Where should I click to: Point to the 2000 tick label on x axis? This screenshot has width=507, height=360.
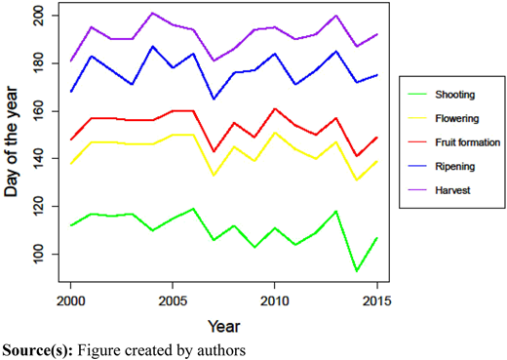(70, 301)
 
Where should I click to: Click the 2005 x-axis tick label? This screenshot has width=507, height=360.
(173, 301)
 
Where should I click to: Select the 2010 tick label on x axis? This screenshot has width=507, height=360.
(275, 301)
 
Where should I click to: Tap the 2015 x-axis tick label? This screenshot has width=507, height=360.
(377, 301)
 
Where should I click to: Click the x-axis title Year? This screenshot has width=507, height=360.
(224, 326)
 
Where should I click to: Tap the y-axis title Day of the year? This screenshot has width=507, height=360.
(11, 141)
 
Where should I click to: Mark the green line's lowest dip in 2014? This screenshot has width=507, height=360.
(357, 271)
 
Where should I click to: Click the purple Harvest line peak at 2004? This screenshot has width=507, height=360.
(152, 13)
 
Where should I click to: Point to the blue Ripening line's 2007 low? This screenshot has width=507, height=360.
(214, 100)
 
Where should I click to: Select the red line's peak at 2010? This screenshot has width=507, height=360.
(275, 108)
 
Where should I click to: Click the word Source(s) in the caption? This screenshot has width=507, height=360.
(38, 350)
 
